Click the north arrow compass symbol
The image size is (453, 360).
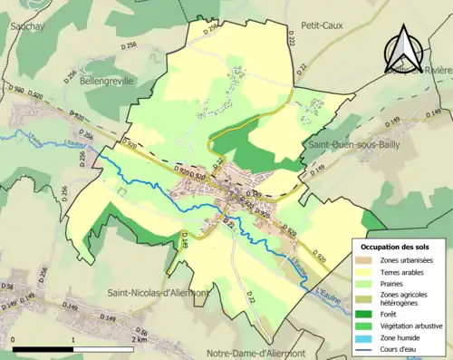(x=404, y=48)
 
